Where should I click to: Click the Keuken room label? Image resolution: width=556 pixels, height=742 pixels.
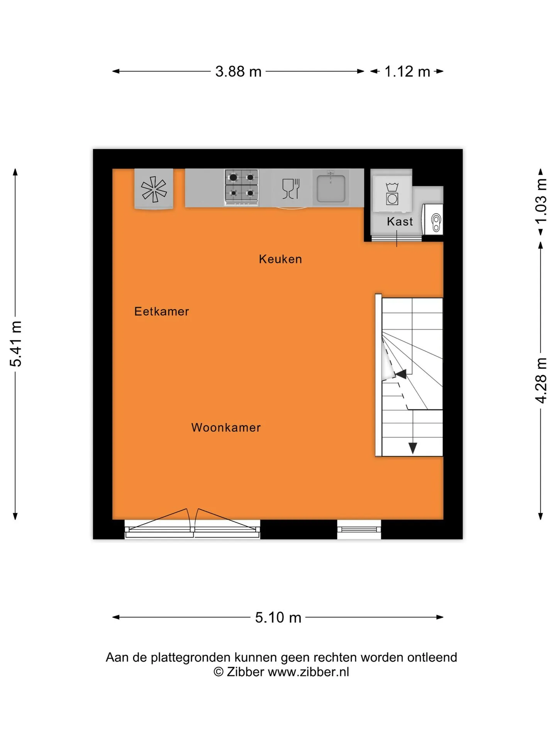(x=280, y=259)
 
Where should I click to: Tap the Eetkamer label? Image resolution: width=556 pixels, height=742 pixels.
(x=161, y=311)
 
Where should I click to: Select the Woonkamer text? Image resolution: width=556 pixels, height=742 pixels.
(x=226, y=427)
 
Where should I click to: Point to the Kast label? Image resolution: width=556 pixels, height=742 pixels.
(x=400, y=221)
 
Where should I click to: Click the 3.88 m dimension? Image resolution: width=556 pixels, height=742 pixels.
(x=238, y=71)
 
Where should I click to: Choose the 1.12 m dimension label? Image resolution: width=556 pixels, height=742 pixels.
(x=407, y=71)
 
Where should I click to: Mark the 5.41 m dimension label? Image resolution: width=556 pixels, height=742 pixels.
(x=16, y=344)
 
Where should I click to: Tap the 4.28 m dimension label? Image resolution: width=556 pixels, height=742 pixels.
(x=541, y=380)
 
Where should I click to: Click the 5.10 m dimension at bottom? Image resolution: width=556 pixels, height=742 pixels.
(x=278, y=617)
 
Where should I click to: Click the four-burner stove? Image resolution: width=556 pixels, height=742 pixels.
(x=241, y=187)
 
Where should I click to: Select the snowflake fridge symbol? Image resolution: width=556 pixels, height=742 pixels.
(x=154, y=189)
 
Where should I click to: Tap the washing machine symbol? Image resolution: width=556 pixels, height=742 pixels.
(x=392, y=194)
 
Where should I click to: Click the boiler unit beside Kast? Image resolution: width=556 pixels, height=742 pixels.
(x=432, y=220)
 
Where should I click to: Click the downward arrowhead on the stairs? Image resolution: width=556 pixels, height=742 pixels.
(x=413, y=448)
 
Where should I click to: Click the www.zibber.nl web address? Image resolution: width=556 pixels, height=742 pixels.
(x=309, y=672)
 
